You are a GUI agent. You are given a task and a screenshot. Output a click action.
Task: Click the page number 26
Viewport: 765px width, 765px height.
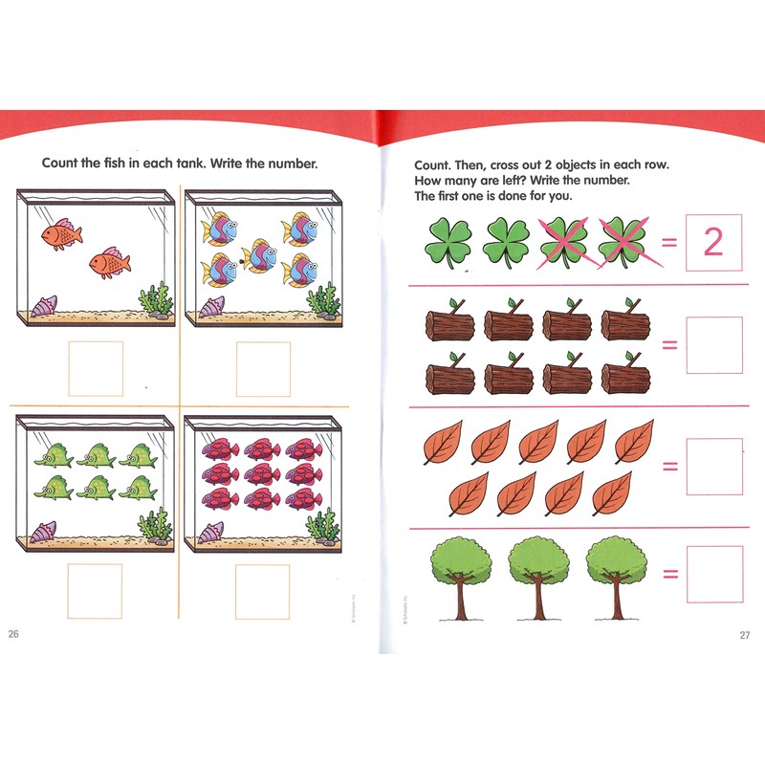click(x=12, y=634)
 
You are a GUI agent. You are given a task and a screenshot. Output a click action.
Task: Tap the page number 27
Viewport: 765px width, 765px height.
click(x=745, y=635)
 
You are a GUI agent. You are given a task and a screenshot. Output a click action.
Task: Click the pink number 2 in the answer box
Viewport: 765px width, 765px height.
click(x=713, y=244)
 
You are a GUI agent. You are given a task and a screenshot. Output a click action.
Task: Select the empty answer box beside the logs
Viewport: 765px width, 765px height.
click(x=713, y=345)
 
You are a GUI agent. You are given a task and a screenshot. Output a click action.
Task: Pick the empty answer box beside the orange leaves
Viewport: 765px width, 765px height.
click(x=713, y=467)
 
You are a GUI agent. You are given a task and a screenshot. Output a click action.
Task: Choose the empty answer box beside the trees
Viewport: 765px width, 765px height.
click(x=713, y=574)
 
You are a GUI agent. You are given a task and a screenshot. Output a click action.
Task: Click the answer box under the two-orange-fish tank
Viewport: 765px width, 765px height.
click(x=95, y=368)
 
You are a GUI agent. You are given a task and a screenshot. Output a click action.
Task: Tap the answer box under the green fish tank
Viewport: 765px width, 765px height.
click(x=95, y=591)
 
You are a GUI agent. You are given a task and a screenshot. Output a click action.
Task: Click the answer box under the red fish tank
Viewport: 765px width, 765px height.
click(x=263, y=591)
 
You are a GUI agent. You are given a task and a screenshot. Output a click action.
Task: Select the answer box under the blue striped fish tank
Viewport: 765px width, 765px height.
click(x=263, y=368)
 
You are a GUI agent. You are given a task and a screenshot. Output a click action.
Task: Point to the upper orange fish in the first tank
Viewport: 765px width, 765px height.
click(x=61, y=233)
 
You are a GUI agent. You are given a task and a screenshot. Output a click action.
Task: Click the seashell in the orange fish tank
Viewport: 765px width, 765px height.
click(x=44, y=306)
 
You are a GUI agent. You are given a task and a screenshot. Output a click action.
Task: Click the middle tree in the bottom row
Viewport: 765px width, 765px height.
click(x=537, y=574)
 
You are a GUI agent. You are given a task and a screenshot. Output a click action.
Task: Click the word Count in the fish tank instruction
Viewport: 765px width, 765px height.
click(x=61, y=163)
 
